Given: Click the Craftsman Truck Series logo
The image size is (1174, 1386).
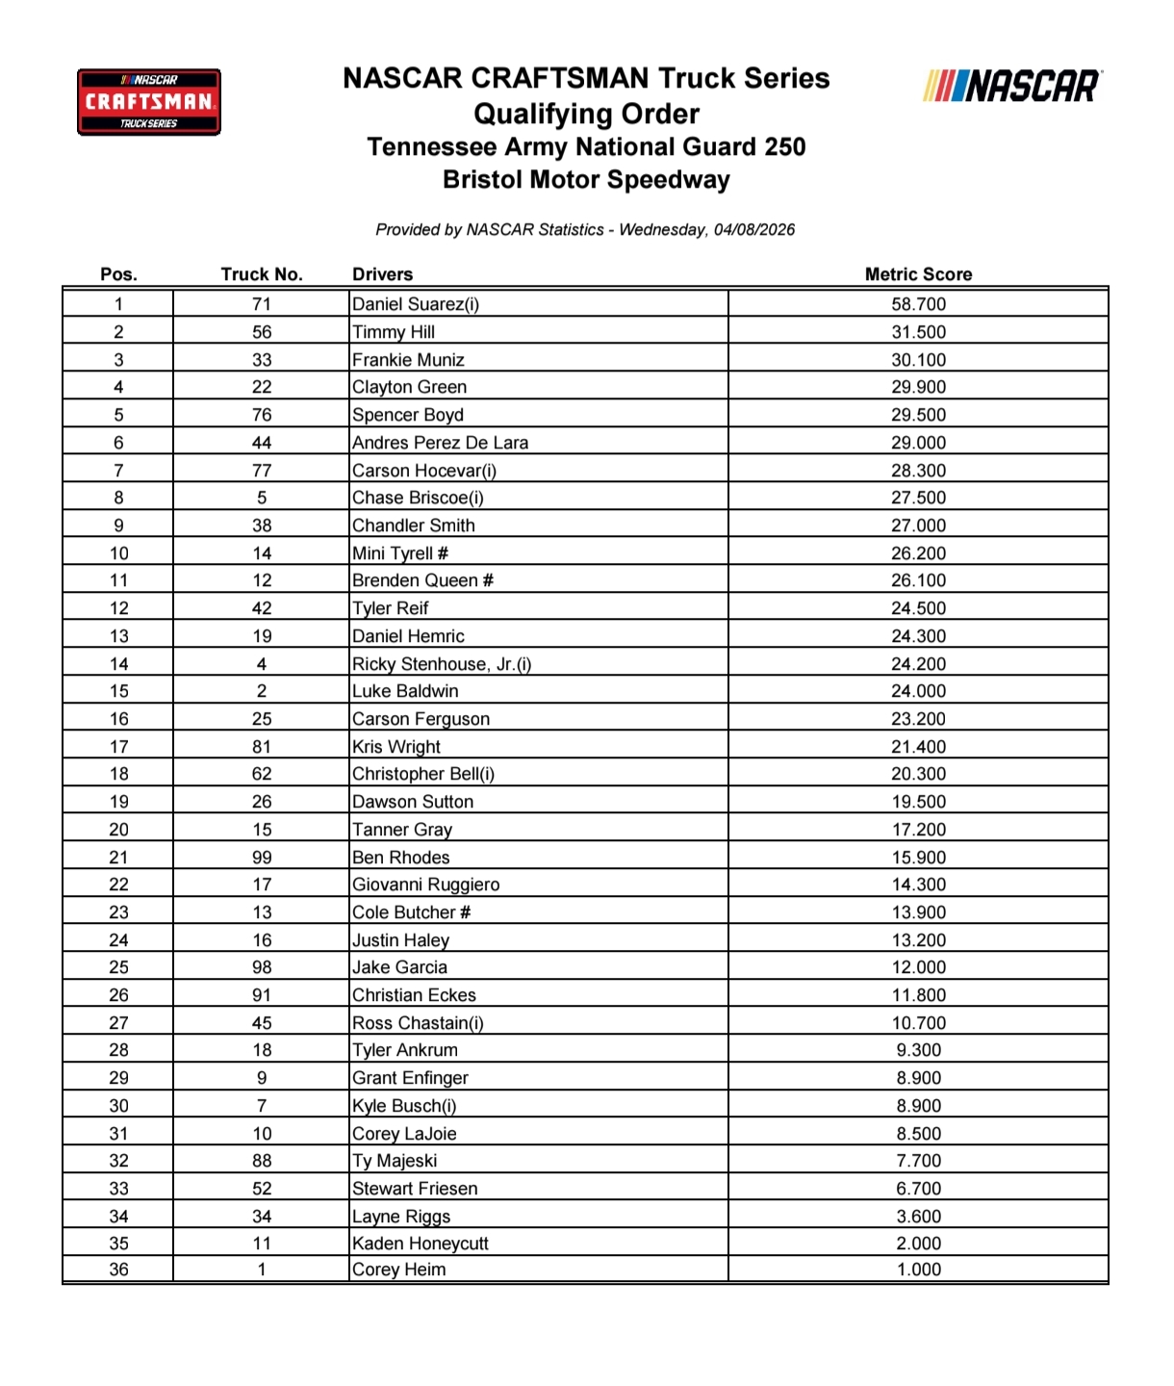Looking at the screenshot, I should tap(149, 101).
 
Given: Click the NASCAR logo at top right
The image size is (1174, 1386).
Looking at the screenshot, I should tap(1012, 87).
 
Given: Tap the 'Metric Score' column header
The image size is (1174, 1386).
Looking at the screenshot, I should tap(918, 274).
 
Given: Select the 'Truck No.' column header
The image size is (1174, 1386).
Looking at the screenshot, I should tap(262, 274).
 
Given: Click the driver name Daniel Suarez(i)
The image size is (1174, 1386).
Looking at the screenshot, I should tap(416, 304).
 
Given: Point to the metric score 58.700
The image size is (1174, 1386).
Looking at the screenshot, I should tap(918, 304).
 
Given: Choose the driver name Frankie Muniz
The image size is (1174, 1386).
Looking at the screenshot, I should tap(408, 360).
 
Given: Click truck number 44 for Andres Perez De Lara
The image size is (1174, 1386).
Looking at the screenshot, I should tap(262, 443).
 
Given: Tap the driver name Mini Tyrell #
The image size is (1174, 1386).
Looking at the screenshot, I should tap(400, 553).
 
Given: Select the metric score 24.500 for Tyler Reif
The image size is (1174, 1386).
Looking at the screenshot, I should tap(918, 608).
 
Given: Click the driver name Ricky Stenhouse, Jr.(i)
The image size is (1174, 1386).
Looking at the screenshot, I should tap(442, 664).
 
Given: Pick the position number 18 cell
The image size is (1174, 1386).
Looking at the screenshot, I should tap(118, 774).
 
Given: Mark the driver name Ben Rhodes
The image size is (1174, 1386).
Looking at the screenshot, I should tap(401, 858).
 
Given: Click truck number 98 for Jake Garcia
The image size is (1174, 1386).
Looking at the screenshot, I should tap(262, 967).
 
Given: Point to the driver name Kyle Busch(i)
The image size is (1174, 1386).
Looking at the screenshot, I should tap(404, 1106).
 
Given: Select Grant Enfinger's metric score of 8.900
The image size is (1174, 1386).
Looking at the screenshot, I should tap(918, 1078).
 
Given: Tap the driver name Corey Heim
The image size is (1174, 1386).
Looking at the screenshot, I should tap(399, 1270).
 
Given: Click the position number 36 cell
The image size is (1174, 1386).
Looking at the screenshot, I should tap(118, 1270).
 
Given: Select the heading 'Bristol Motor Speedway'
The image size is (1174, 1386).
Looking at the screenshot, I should tap(586, 180).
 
